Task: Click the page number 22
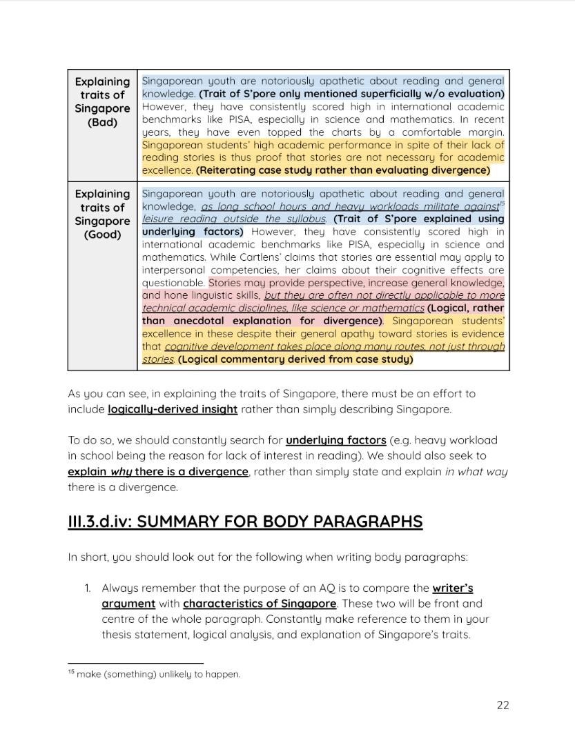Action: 503,704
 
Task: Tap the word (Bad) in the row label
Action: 102,122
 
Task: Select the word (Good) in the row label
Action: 102,235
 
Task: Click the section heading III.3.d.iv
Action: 245,521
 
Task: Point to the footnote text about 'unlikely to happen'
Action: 158,674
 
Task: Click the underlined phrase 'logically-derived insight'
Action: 173,409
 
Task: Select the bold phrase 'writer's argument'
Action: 452,588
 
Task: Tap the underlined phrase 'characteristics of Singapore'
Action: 260,604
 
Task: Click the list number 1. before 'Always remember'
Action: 88,588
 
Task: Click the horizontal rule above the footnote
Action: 135,663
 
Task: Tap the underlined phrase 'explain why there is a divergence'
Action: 158,473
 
